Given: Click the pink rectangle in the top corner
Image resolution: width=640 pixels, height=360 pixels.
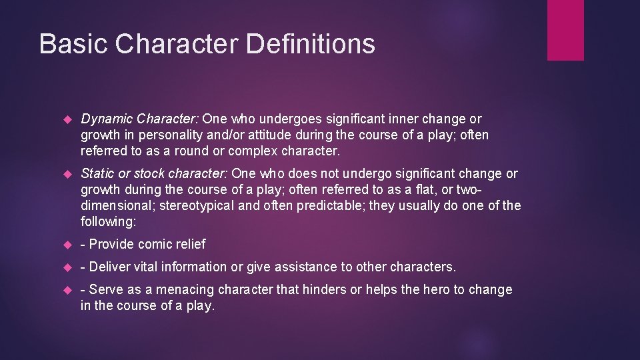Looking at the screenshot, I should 565,30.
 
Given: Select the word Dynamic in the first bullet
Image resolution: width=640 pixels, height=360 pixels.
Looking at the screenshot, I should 107,119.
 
